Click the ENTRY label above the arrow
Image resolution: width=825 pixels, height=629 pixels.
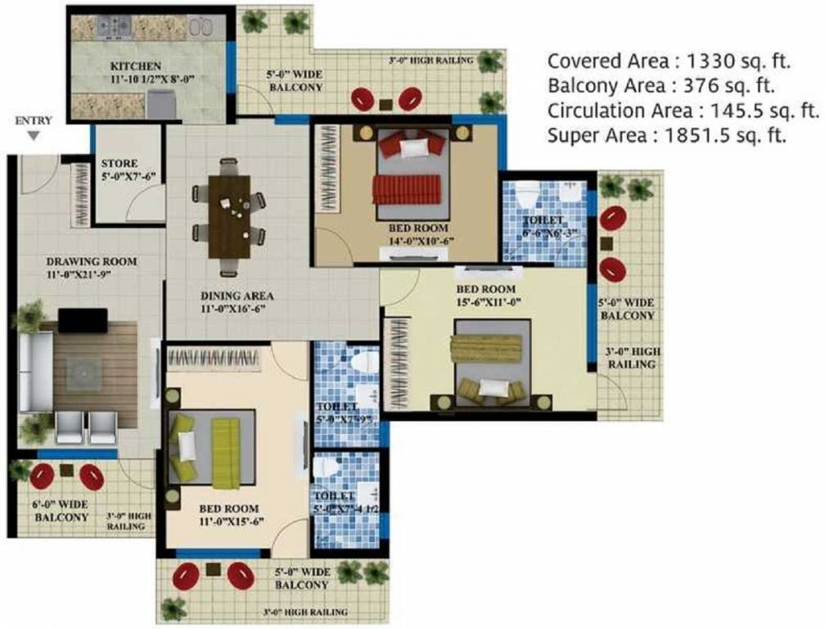34,120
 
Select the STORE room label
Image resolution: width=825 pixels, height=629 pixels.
119,163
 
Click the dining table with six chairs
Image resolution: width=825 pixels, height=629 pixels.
229,217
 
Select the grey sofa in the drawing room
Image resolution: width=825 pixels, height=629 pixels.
34,371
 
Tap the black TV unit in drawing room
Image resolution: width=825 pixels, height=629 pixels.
82,320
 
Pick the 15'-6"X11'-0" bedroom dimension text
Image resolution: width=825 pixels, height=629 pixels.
485,301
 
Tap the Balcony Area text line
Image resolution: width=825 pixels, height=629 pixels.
661,86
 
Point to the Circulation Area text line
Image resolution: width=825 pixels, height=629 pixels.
683,111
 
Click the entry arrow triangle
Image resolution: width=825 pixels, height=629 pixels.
33,136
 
